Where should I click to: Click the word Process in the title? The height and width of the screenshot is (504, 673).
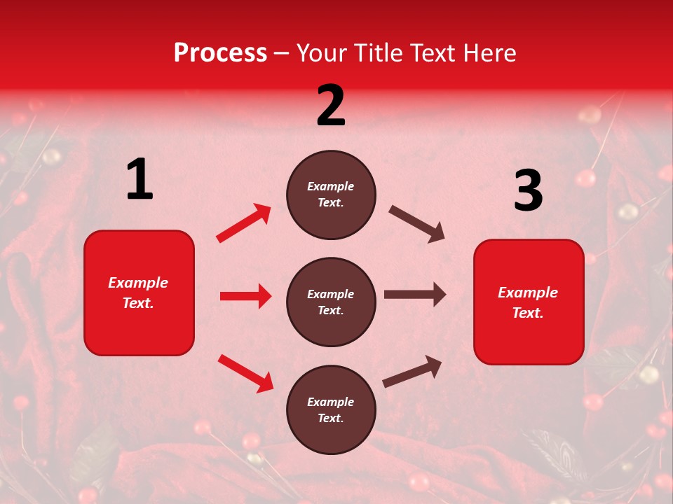click(220, 52)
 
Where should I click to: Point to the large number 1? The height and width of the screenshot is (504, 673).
click(140, 180)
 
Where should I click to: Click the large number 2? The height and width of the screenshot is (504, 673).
click(331, 106)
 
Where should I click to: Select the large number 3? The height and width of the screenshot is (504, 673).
click(528, 190)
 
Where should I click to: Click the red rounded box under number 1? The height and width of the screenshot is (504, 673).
click(139, 293)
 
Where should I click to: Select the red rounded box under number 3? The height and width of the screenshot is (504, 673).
click(529, 302)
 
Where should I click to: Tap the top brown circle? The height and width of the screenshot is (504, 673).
click(331, 195)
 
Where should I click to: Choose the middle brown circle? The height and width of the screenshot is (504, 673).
click(331, 302)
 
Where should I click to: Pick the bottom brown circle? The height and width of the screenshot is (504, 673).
click(331, 409)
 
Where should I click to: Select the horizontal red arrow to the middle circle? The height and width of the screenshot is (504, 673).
click(245, 296)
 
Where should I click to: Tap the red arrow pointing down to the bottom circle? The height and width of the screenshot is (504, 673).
click(245, 372)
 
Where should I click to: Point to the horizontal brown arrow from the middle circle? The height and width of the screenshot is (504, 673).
click(414, 295)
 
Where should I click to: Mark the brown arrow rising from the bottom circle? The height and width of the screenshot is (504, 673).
click(412, 371)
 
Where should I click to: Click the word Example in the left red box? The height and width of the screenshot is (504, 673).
click(138, 283)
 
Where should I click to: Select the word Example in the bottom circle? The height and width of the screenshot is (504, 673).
click(330, 402)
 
